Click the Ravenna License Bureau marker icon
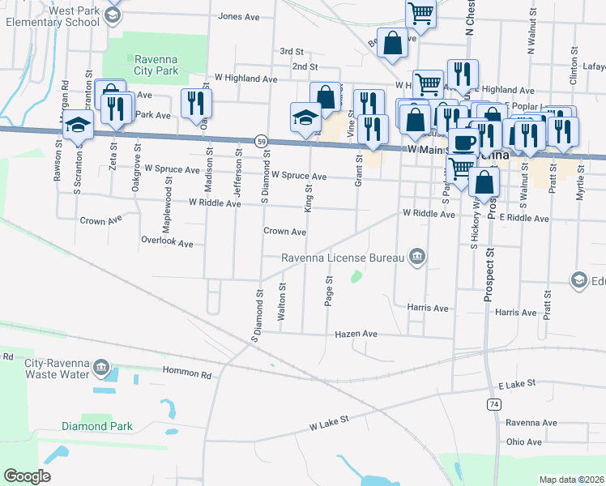tap(416, 257)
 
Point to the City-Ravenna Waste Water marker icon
tap(101, 366)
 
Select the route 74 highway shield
tap(494, 403)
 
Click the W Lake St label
tap(328, 422)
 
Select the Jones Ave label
tap(238, 16)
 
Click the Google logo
tap(27, 476)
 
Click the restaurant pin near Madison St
tap(196, 103)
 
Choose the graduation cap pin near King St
tap(306, 117)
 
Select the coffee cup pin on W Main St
tap(463, 141)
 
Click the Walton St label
tap(281, 302)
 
